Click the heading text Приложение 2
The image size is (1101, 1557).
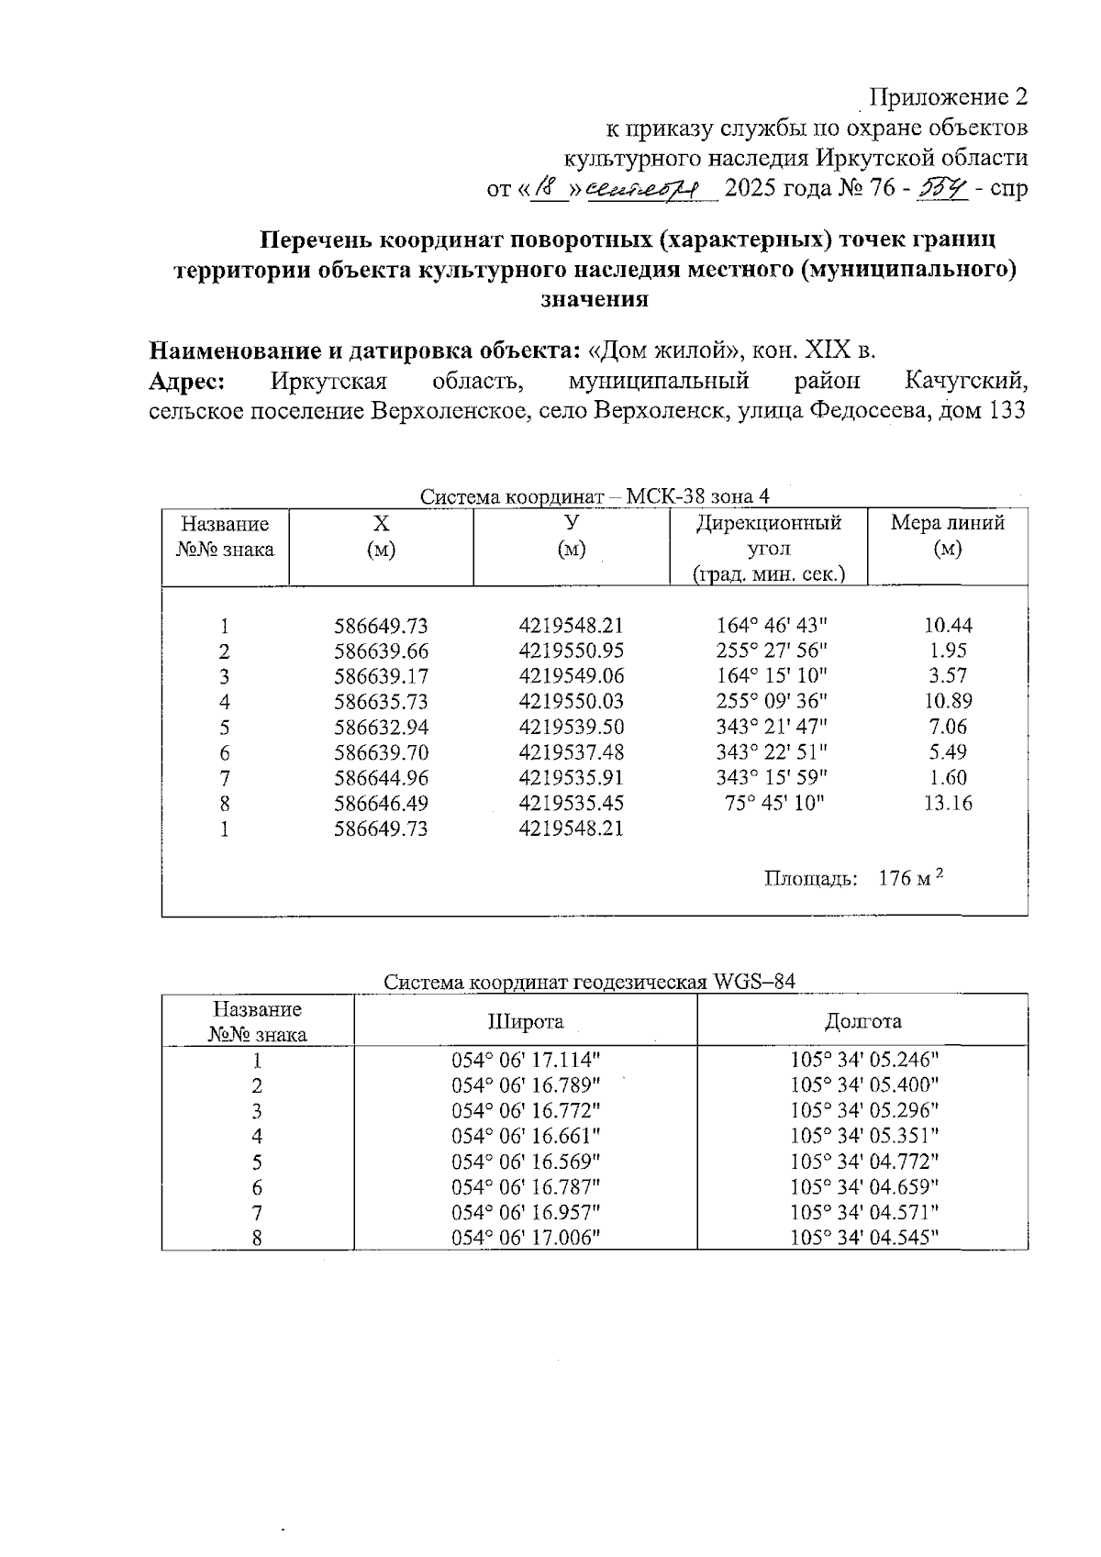(948, 97)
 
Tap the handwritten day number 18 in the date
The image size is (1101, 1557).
(550, 189)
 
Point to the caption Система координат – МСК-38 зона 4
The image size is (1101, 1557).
(595, 497)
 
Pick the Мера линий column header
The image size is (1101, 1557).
(947, 524)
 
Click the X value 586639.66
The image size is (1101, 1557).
(381, 651)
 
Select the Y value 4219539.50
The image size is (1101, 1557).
(571, 728)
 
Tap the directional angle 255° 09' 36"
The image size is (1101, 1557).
(771, 702)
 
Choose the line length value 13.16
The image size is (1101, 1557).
(948, 804)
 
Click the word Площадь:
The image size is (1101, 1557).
(810, 879)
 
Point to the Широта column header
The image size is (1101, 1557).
(525, 1021)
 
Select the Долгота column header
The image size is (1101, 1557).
(862, 1021)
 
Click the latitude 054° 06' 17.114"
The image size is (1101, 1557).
(525, 1061)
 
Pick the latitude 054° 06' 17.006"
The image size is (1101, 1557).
(525, 1237)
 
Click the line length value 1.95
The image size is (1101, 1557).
(948, 651)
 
